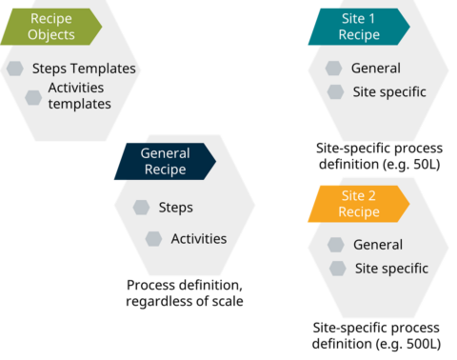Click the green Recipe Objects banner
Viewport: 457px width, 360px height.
point(50,27)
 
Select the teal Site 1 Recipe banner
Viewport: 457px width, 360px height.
point(357,27)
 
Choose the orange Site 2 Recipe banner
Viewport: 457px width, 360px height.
point(357,204)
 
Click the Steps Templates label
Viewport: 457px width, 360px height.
point(84,69)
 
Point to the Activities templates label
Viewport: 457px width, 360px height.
point(80,95)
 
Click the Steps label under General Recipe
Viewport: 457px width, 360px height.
point(175,207)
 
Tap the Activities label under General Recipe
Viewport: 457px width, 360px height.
point(198,238)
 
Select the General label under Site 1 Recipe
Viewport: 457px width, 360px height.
point(375,68)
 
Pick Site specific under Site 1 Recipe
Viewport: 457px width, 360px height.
point(387,91)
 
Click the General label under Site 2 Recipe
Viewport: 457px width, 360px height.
point(377,245)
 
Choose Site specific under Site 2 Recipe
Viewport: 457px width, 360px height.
point(390,269)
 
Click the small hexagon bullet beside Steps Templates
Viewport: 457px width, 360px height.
point(15,69)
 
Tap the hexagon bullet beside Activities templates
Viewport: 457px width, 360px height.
point(33,97)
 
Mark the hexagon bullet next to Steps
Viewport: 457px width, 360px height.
point(142,207)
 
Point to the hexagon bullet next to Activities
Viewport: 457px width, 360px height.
point(154,238)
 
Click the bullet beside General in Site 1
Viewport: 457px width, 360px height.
point(333,69)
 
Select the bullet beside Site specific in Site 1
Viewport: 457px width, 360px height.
point(335,91)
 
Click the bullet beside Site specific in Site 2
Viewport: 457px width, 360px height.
point(337,269)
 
